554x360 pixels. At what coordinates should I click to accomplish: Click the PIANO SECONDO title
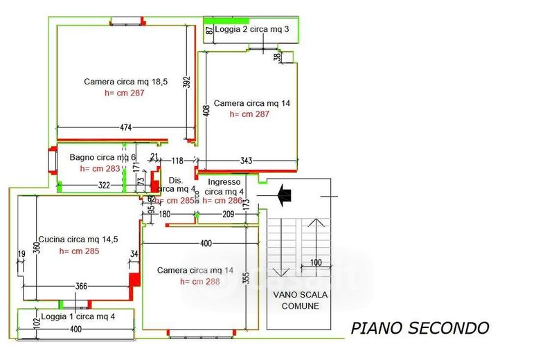coord(419,327)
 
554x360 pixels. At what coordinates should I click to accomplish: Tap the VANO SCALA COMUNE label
coord(296,300)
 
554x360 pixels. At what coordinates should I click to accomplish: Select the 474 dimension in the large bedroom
coord(125,127)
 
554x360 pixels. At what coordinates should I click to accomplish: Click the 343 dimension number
coord(246,161)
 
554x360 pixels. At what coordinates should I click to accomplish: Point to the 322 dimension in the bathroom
coord(104,185)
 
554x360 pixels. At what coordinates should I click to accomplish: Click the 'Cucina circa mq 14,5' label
coord(78,239)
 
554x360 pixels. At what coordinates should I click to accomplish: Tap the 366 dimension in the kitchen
coord(82,287)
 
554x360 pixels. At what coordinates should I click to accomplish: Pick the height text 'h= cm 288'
coord(200,282)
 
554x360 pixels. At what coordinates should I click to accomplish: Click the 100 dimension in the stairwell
coord(316,262)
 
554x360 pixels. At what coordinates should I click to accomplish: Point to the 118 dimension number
coord(177,161)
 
